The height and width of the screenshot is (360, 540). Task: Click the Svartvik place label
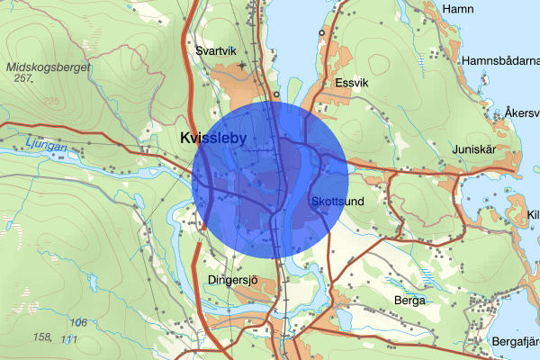pos(217,50)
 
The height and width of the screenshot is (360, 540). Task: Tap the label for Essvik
pos(351,82)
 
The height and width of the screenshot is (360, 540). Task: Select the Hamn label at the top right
pos(457,8)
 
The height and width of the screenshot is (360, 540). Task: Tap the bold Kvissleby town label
pos(213,139)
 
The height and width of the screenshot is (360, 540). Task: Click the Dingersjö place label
pos(232,280)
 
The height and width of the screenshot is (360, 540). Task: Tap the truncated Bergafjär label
pos(515,342)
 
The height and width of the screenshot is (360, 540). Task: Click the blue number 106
pos(79,322)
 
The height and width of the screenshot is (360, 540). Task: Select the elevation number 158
pos(41,337)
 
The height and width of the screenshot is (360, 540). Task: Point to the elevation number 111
pos(69,338)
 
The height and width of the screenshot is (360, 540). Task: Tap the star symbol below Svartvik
pos(241,66)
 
